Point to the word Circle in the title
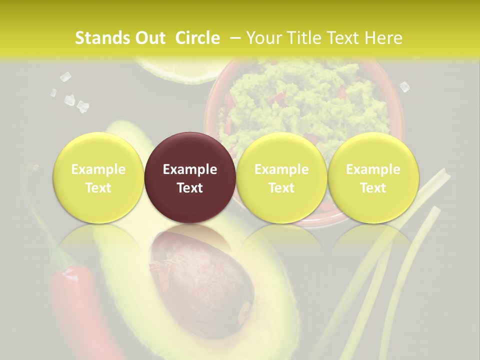[197, 38]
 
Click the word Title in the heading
[301, 38]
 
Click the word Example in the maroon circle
[190, 169]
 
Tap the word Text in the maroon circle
[190, 188]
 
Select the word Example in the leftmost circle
[98, 169]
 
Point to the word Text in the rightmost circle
[373, 188]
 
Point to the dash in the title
[235, 38]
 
